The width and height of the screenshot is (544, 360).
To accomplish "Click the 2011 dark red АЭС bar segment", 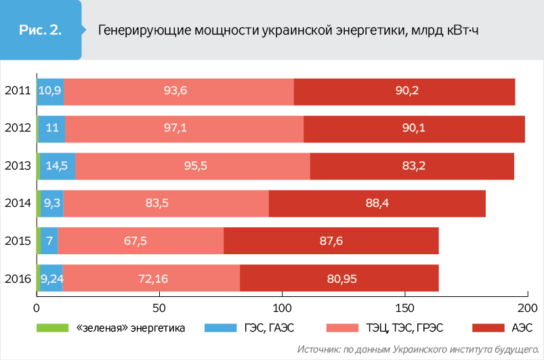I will tap(404, 92).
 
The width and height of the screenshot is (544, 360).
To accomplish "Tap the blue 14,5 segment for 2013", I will tap(57, 166).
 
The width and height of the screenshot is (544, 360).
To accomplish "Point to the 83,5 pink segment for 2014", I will tap(166, 203).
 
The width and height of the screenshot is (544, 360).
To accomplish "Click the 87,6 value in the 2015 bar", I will tap(332, 241).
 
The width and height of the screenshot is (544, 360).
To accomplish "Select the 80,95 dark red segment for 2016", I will tap(339, 278).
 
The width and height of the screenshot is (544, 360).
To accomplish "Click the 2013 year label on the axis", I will tap(17, 166).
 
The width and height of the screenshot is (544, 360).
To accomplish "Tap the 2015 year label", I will tap(17, 241).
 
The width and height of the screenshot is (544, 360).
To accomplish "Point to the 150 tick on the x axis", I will tap(405, 307).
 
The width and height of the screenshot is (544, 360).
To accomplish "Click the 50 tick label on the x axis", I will tap(159, 307).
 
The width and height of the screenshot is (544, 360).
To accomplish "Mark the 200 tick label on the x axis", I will tap(528, 307).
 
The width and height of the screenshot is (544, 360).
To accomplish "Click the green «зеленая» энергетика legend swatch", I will tap(53, 328).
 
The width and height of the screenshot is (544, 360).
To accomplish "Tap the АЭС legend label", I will tap(523, 328).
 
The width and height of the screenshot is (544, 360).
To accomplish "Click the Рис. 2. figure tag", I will tap(40, 31).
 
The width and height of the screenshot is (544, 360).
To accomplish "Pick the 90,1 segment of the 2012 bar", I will tap(414, 129).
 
